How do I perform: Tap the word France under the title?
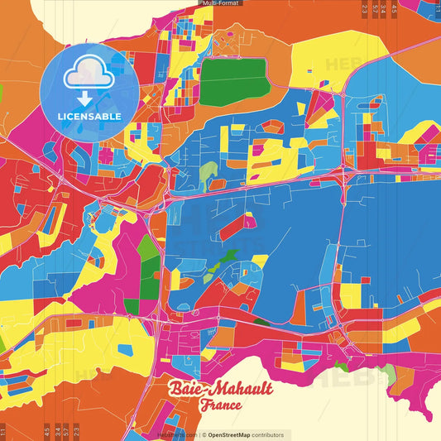click(220, 405)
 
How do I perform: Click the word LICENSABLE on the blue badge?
click(89, 116)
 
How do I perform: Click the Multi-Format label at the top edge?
click(220, 3)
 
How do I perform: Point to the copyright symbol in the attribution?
click(203, 434)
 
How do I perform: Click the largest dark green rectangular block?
click(233, 80)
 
